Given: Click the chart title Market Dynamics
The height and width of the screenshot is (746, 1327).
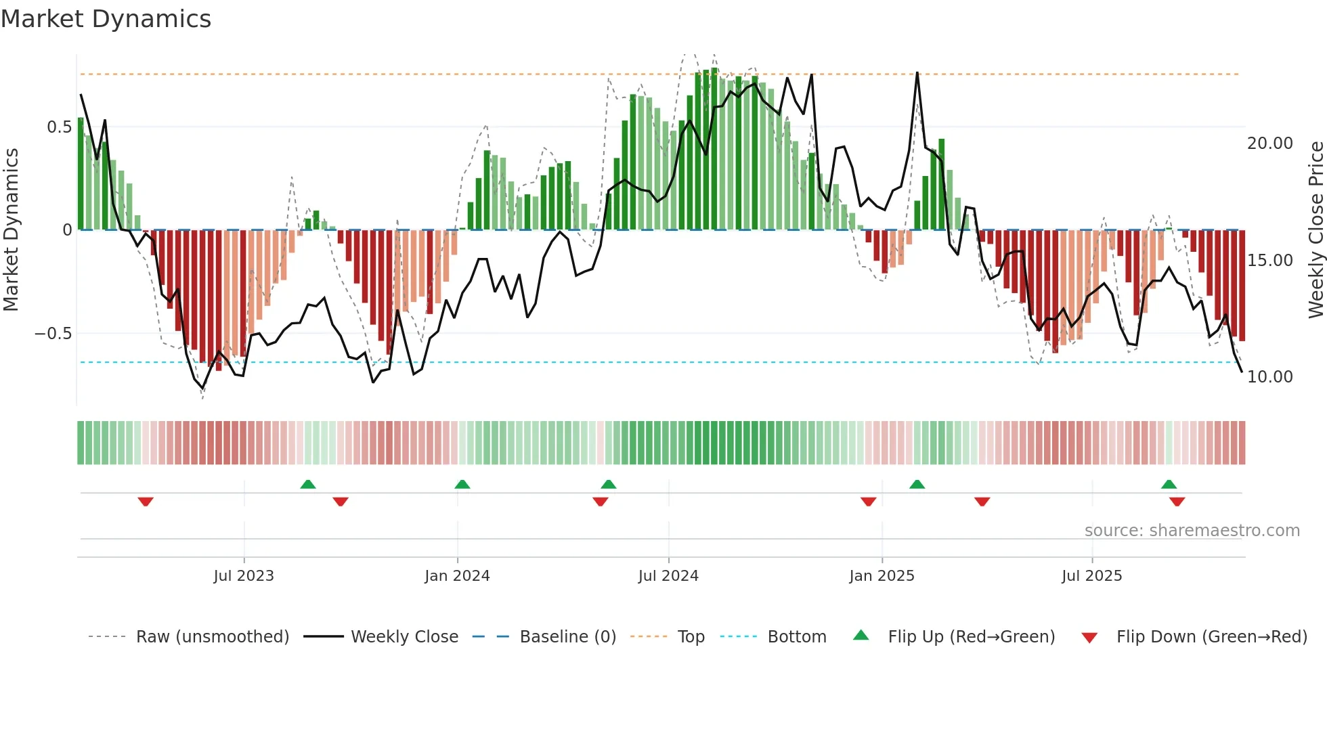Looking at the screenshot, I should pos(106,19).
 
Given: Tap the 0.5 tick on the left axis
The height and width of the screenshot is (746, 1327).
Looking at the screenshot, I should pos(59,127).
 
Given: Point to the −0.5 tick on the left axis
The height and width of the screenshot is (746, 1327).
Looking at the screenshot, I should pos(53,334).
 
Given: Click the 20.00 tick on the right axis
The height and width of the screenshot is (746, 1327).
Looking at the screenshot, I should pos(1269,144).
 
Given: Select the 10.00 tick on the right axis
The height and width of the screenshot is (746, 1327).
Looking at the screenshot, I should pos(1269,377).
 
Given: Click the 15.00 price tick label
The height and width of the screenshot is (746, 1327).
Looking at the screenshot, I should pos(1269,261).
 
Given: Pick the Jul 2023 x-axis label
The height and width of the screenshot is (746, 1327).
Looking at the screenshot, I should pos(244,576).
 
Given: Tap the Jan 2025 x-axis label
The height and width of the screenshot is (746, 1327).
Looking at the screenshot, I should pos(882,576).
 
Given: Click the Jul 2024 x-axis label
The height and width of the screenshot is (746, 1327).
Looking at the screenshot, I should pos(668,576).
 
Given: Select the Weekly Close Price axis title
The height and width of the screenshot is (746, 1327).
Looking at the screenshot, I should pos(1315,229).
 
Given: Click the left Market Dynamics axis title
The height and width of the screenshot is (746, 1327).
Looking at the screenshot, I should pos(11,229).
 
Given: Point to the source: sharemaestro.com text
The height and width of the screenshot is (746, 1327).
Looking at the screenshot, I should pos(1192,531).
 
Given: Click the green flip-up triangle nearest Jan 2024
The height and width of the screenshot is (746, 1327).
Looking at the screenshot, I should pos(462,485).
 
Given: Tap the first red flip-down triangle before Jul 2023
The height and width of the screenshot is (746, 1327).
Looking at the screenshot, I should pos(146,502).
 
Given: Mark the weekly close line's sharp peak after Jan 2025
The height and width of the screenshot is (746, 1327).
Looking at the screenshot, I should pos(917,72).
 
